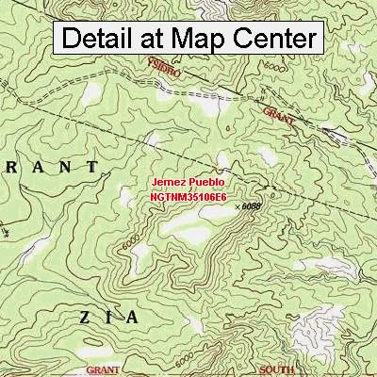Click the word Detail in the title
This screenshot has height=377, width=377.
(105, 39)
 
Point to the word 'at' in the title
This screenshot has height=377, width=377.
(172, 39)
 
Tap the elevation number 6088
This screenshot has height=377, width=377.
(250, 204)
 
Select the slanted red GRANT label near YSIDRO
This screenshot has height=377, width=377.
(279, 116)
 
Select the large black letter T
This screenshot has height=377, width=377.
(90, 166)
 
